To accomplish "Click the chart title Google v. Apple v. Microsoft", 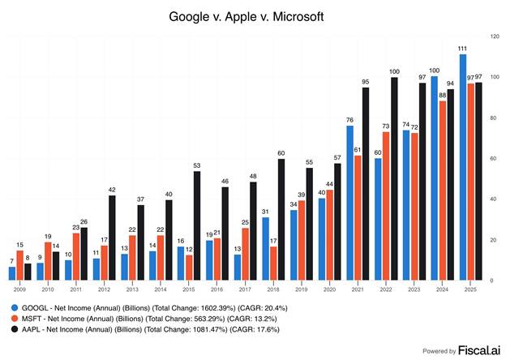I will [252, 15].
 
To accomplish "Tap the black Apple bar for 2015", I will [197, 226].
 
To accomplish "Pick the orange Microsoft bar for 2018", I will [272, 263].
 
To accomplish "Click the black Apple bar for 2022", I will [394, 178].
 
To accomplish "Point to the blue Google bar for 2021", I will [349, 203].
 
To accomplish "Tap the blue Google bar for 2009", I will [12, 273].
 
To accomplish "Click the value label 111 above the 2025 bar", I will [463, 49].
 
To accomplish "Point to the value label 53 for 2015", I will [197, 166].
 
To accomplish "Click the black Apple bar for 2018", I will [281, 219].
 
